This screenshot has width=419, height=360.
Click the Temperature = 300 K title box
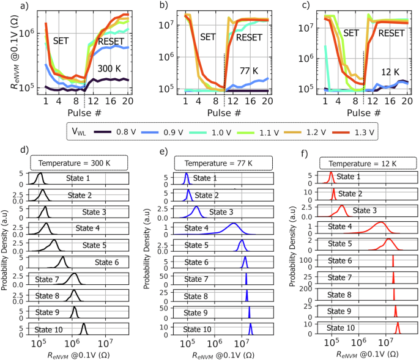(x=78, y=164)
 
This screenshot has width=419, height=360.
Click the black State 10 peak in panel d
(x=84, y=329)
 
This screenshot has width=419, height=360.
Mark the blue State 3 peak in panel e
(x=196, y=211)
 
